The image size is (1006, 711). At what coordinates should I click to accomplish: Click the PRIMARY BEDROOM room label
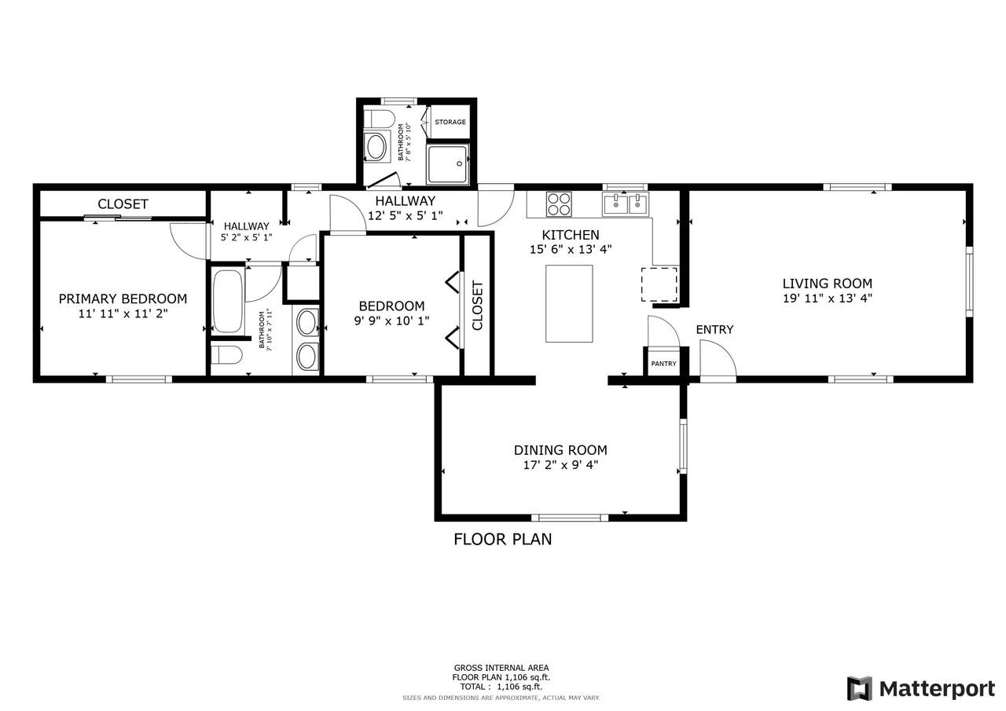click(x=123, y=299)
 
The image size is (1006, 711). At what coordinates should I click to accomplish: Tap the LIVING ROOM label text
click(x=828, y=284)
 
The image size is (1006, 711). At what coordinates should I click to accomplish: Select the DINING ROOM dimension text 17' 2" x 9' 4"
click(x=560, y=464)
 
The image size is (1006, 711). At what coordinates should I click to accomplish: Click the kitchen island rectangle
click(x=569, y=303)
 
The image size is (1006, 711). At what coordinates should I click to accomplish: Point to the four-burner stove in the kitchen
click(x=559, y=203)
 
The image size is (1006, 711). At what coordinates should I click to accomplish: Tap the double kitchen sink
click(x=626, y=204)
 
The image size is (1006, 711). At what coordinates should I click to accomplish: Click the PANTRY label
click(x=663, y=364)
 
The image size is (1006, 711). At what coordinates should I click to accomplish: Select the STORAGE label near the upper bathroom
click(x=450, y=122)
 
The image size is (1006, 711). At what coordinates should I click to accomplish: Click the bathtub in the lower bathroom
click(x=228, y=301)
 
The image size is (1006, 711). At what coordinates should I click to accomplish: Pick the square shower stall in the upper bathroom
click(x=447, y=164)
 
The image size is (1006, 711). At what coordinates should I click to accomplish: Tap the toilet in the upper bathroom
click(x=379, y=119)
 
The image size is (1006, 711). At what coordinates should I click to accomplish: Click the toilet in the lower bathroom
click(x=226, y=355)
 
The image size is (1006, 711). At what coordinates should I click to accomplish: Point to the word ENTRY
click(x=714, y=329)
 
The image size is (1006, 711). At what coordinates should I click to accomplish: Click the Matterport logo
click(x=920, y=688)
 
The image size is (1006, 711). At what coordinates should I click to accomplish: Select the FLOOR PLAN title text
click(x=502, y=539)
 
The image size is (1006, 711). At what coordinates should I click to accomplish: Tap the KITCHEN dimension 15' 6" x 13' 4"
click(x=571, y=249)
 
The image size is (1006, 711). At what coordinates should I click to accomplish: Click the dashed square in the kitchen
click(x=659, y=284)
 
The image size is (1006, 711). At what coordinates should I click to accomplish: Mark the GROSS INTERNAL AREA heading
click(x=501, y=668)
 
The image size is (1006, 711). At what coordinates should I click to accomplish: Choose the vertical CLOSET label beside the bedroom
click(x=477, y=306)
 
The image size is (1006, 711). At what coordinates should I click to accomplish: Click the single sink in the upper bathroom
click(x=376, y=147)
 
